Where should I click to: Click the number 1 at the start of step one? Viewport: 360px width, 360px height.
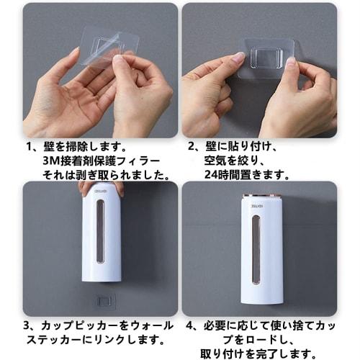click(29, 145)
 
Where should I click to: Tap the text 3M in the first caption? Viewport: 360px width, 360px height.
click(50, 160)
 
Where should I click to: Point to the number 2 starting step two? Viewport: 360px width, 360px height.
click(192, 145)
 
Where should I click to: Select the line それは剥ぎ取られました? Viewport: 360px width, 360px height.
click(105, 174)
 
